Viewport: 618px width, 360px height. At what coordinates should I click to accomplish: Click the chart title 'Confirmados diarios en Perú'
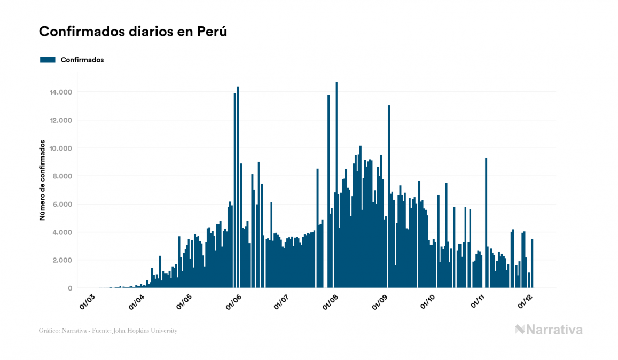(x=133, y=32)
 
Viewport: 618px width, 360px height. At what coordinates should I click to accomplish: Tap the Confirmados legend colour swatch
(x=48, y=60)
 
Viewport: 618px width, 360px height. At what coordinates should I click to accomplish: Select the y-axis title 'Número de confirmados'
(x=42, y=182)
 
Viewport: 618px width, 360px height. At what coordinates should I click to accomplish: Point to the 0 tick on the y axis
(x=70, y=288)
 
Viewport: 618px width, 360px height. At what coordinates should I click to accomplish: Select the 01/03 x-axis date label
(x=88, y=301)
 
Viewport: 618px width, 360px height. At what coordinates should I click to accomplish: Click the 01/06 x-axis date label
(x=234, y=301)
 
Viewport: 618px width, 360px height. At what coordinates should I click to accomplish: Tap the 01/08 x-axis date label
(x=331, y=301)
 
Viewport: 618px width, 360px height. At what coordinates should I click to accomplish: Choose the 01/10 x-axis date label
(x=429, y=301)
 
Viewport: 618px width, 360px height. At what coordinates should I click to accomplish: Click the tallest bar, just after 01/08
(x=337, y=187)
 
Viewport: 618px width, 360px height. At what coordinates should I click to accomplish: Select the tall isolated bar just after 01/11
(x=486, y=224)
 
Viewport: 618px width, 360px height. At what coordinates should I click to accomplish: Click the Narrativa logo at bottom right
(x=549, y=330)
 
